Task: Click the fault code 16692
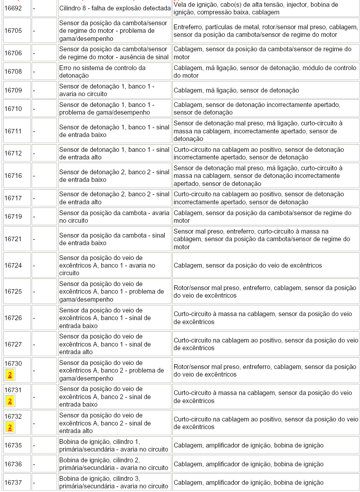[13, 8]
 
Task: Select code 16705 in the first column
[13, 31]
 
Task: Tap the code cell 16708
[13, 72]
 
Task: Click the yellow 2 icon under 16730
[10, 375]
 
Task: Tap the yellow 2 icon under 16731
[10, 401]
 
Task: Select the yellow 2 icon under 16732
[10, 427]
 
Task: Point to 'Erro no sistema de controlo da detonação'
[103, 72]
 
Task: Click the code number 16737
[13, 482]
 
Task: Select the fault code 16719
[13, 217]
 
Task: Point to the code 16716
[13, 176]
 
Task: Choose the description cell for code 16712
[114, 153]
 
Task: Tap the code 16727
[13, 344]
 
